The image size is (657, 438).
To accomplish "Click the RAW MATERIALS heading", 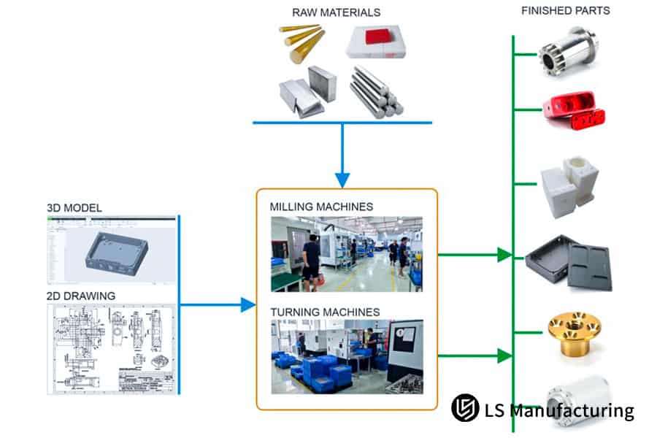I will pos(336,12).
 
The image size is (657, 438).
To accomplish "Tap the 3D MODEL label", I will pos(74,208).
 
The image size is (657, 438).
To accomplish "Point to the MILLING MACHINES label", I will pos(321,207).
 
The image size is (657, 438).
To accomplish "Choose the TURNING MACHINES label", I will pos(325,312).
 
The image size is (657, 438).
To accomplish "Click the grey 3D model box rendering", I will pos(116,253).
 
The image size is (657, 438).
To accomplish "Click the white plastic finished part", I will pos(569,182).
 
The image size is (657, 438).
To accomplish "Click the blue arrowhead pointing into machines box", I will pos(247,304).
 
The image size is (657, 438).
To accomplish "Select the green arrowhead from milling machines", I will pos(504,255).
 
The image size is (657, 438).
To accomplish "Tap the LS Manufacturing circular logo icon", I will pos(465,408).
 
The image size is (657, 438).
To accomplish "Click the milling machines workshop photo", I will pos(346,253).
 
